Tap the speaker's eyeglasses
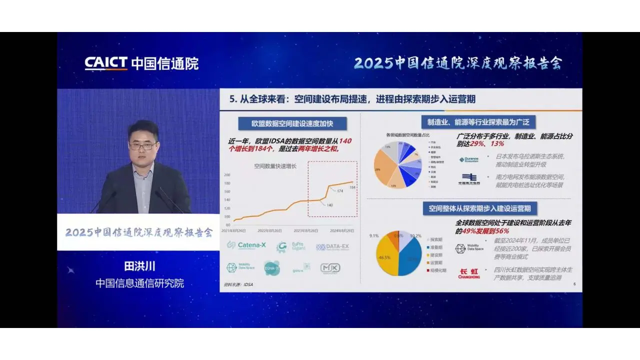[x=143, y=146]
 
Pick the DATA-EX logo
[x=332, y=247]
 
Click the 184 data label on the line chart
[x=352, y=187]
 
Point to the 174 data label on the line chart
[x=339, y=191]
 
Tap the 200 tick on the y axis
[x=227, y=175]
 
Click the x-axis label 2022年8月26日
[x=269, y=230]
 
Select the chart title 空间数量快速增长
[x=275, y=166]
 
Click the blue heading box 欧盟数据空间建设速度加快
[x=292, y=123]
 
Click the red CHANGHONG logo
[x=468, y=273]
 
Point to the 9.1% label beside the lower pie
[x=374, y=235]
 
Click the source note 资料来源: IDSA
[x=238, y=284]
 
